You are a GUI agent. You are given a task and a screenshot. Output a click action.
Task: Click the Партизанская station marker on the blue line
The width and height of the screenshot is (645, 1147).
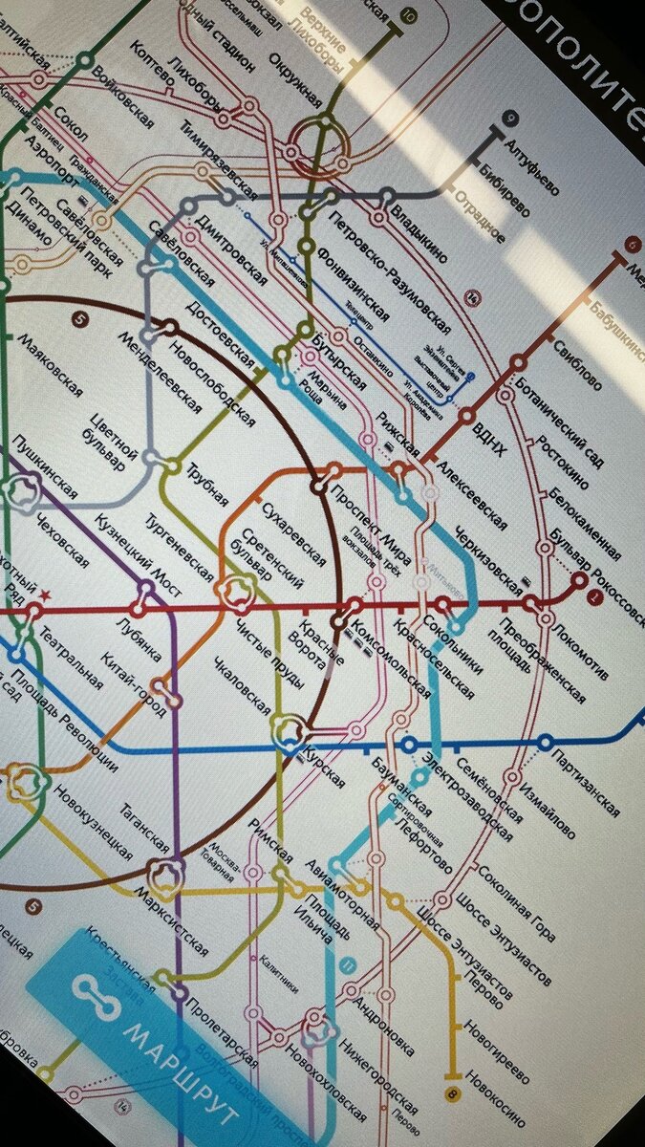tap(546, 742)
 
